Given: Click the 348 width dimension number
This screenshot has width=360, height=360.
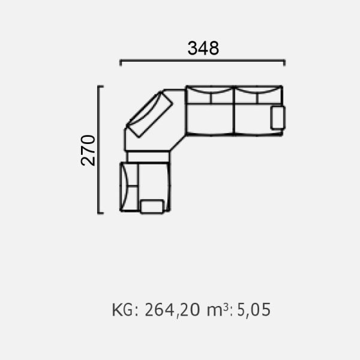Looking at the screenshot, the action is pos(203,48).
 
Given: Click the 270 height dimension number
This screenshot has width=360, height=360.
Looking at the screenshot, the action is pos(88,151).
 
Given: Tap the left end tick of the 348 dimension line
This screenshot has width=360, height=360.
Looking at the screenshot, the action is pos(121,62).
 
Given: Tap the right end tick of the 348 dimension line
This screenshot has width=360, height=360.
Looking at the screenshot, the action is pos(284,62).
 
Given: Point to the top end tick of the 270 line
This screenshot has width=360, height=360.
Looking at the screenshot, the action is pos(101,86).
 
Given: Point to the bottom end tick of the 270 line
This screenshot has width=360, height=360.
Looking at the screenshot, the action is pos(101,213).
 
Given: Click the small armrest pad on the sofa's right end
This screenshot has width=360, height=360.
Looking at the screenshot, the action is pos(278,118).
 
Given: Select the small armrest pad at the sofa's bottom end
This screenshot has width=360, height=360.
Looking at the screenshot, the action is pos(152,206).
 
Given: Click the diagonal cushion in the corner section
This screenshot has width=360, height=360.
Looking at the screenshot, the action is pos(149,115).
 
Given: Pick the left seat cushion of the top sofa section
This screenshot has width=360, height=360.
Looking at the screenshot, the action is pos(210,119).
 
